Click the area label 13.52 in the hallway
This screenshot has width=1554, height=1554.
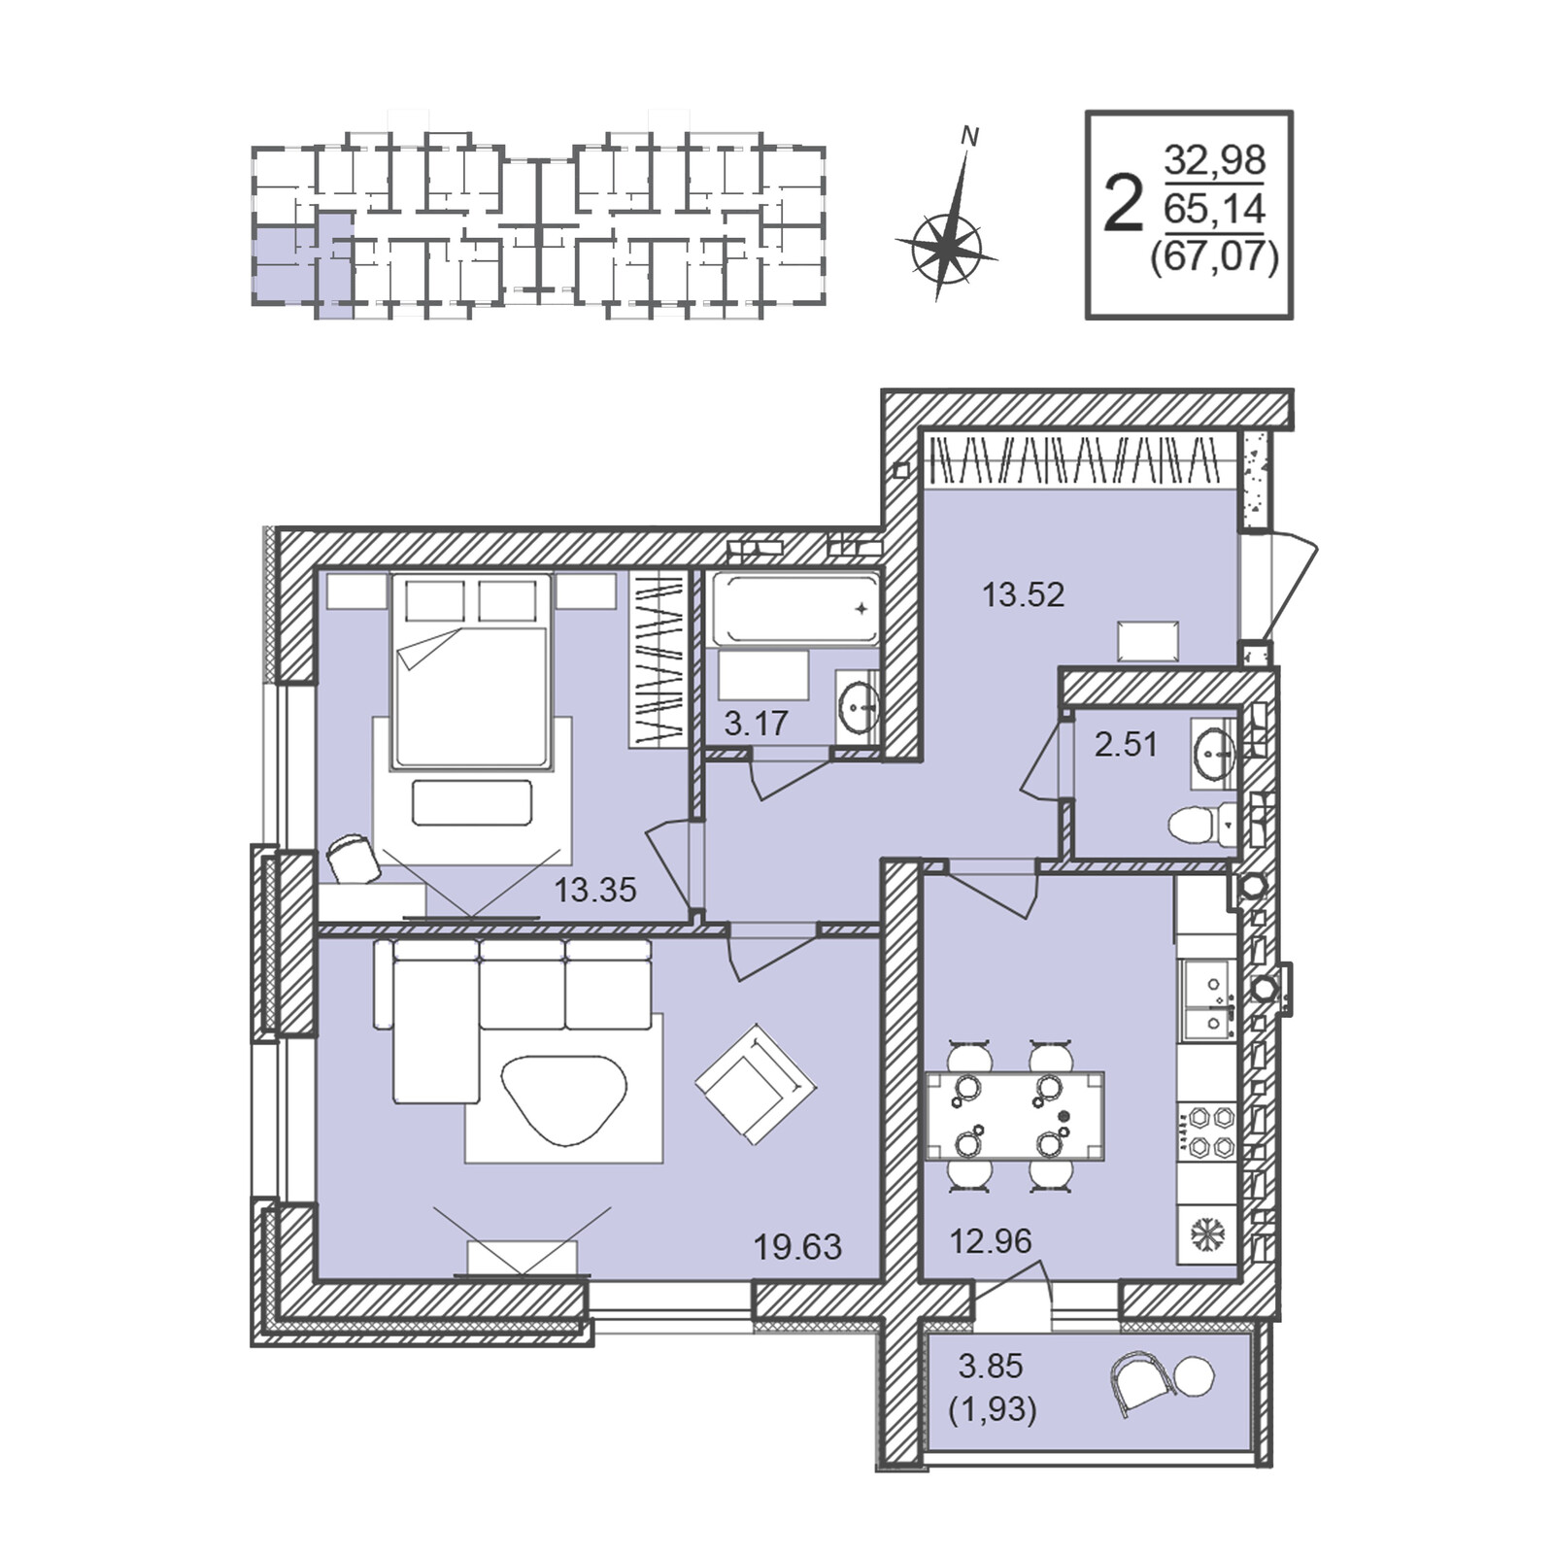pos(1023,594)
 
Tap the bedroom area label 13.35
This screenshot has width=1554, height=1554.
pos(594,889)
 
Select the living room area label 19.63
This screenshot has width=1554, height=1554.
pos(797,1247)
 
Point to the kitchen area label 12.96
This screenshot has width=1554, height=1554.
pos(991,1241)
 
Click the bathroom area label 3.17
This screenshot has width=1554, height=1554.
pos(756,724)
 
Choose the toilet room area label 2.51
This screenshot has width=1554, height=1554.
pos(1126,745)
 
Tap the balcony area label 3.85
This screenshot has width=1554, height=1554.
pos(991,1367)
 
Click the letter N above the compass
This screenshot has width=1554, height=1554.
pos(968,137)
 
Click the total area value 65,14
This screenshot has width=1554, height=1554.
pos(1214,208)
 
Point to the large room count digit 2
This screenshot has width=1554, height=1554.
pos(1124,204)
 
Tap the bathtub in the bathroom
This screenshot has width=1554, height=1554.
pos(795,608)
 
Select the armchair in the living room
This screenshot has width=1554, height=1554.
pos(756,1083)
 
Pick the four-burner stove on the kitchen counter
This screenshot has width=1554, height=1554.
pos(1207,1131)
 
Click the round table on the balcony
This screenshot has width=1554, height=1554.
pos(1194,1376)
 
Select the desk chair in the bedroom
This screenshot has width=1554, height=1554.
pos(353,859)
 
